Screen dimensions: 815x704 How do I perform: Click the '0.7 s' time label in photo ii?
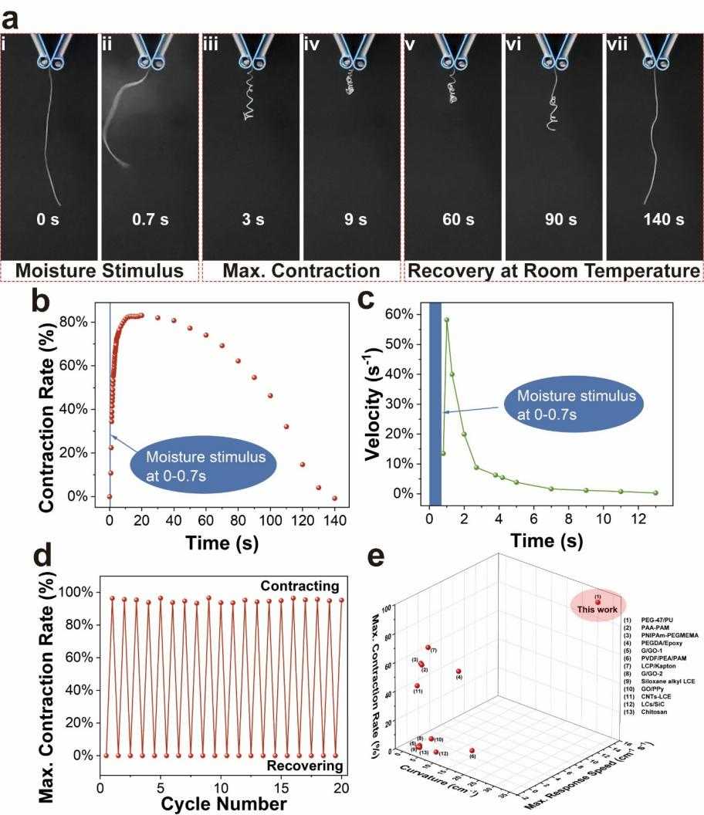pyautogui.click(x=151, y=220)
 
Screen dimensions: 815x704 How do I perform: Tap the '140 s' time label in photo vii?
pyautogui.click(x=655, y=220)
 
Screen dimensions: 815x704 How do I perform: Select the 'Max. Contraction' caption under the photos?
pyautogui.click(x=301, y=271)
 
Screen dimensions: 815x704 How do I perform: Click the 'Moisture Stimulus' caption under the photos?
pyautogui.click(x=99, y=271)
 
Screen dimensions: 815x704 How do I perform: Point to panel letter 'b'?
pyautogui.click(x=44, y=300)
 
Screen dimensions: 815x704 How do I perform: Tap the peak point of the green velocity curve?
pyautogui.click(x=446, y=319)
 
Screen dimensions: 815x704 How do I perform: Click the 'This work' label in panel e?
pyautogui.click(x=599, y=610)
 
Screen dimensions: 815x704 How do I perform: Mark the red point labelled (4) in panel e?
pyautogui.click(x=459, y=671)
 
